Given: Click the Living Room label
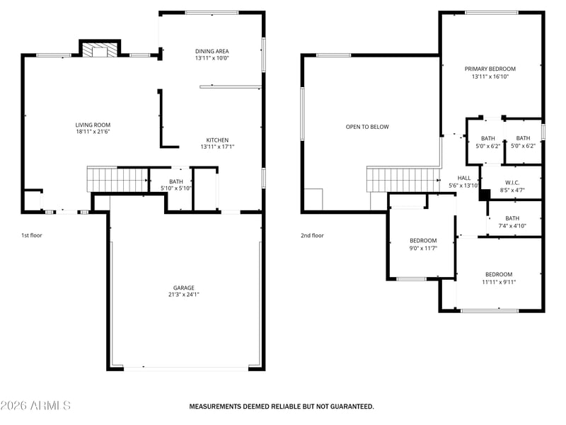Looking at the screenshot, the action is point(93,125).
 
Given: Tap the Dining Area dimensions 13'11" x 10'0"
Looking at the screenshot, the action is point(212,58).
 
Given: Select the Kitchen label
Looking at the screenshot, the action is point(217,140).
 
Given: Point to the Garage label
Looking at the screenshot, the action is point(184,288).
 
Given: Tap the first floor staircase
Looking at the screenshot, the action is point(117,180).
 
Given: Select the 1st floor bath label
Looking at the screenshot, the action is point(176,181).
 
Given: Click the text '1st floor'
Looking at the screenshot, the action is point(32,235).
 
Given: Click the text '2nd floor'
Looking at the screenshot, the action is point(312,235).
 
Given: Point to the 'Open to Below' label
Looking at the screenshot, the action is point(367,127).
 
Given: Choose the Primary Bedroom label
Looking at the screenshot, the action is point(490,69).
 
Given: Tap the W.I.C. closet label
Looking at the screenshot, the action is point(512,183).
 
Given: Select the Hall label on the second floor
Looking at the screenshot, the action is point(464,178).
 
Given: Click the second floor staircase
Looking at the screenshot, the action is point(403,180).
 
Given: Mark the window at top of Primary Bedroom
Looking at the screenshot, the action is point(492,13).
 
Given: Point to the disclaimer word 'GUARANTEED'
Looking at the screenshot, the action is point(352,407).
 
